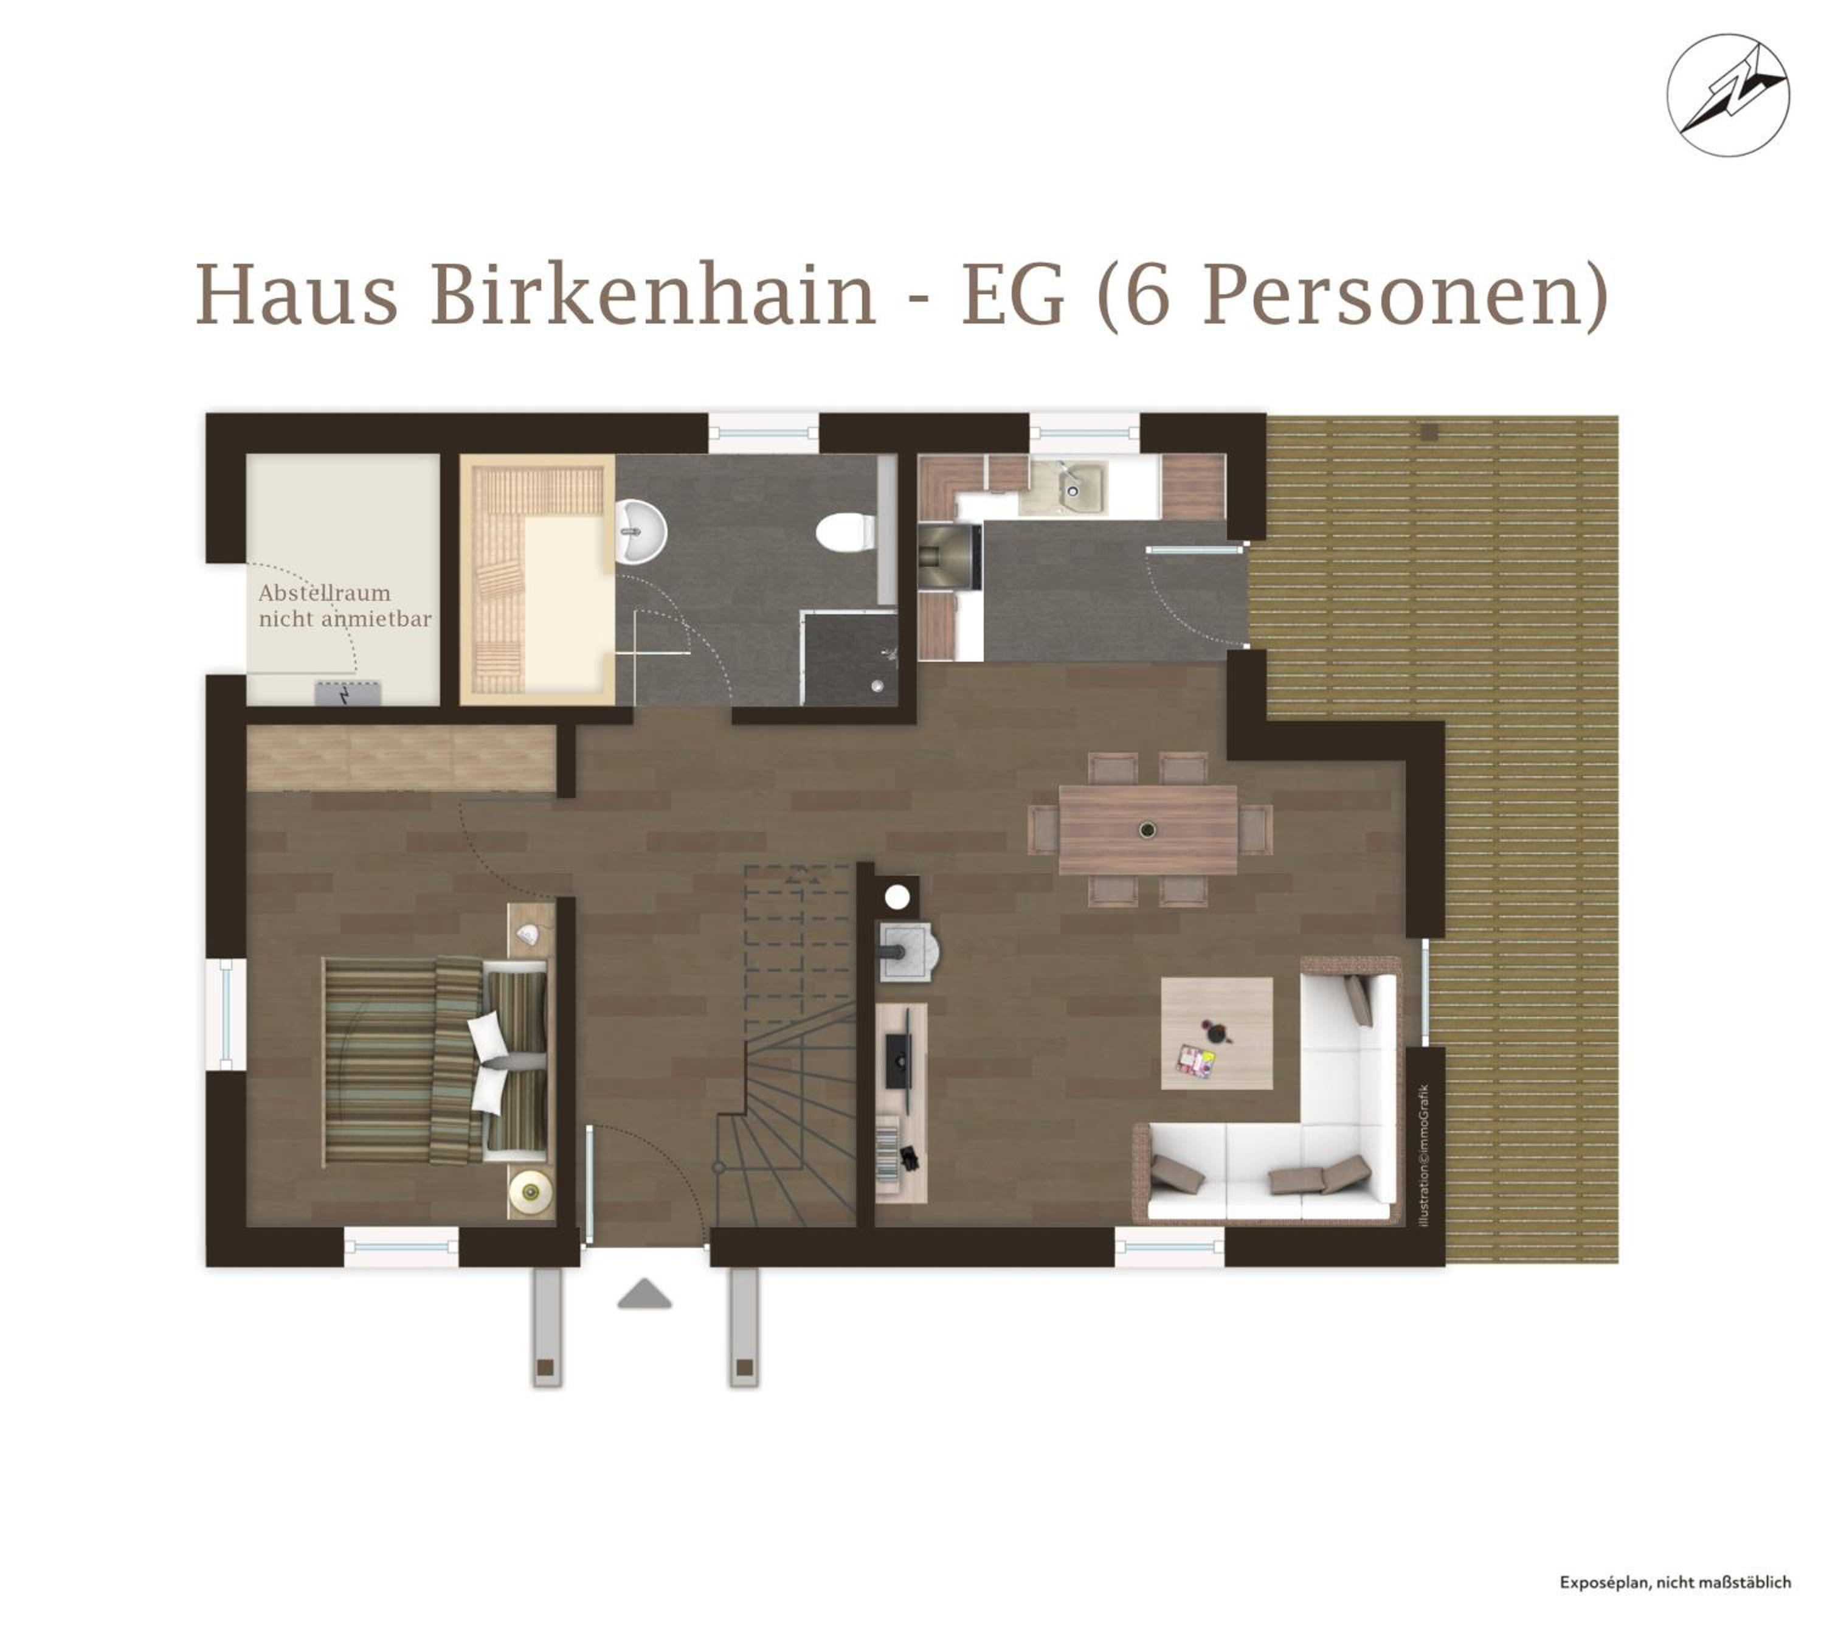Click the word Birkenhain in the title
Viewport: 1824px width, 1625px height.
(x=654, y=296)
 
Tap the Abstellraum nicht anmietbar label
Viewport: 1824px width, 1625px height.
(x=345, y=605)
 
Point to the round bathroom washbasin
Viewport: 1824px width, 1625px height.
(x=641, y=532)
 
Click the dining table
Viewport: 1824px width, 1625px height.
(x=1147, y=830)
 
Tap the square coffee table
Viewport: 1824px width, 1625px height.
(x=1217, y=1033)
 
